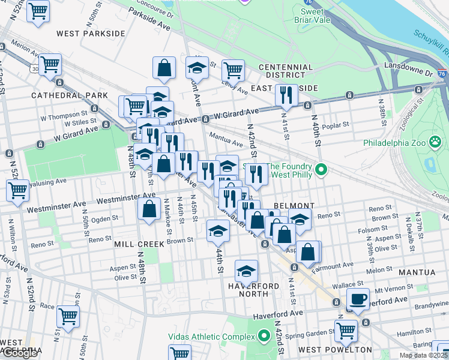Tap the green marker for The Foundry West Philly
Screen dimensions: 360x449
point(321,171)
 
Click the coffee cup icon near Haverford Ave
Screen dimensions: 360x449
point(358,299)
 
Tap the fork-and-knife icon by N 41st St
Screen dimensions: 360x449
point(286,95)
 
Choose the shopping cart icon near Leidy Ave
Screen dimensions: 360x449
point(233,70)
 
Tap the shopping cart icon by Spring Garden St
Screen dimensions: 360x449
point(346,330)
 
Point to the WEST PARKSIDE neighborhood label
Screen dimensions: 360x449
point(90,34)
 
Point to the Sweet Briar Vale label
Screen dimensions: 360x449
point(316,16)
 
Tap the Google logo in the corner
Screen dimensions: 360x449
point(20,353)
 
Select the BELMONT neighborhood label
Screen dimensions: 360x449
point(294,206)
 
